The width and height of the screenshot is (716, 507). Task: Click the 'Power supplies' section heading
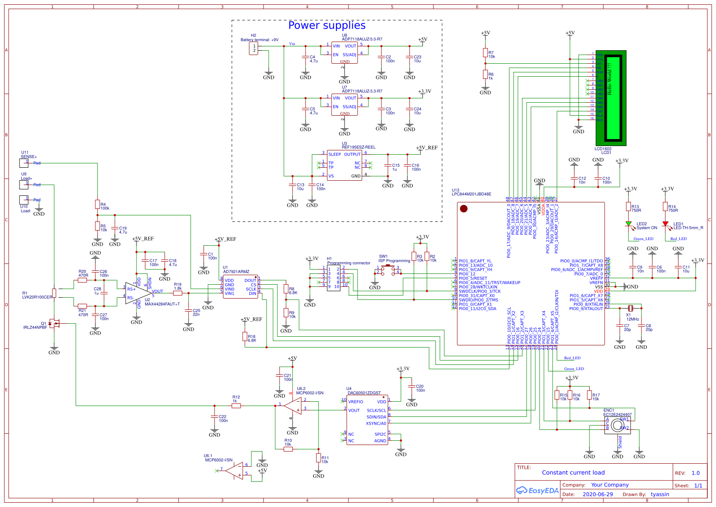click(x=327, y=26)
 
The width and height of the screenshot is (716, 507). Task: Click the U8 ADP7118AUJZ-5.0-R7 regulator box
click(x=345, y=52)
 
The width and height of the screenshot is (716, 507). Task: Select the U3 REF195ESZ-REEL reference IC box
click(x=345, y=165)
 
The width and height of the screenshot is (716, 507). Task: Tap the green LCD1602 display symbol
click(x=611, y=98)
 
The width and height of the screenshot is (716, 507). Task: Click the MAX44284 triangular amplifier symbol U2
click(x=137, y=293)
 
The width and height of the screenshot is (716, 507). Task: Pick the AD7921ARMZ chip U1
click(x=241, y=286)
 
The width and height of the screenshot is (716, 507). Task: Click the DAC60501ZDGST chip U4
click(x=367, y=419)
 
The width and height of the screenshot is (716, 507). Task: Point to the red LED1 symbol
click(x=665, y=224)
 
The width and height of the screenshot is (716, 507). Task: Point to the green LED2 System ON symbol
click(x=628, y=224)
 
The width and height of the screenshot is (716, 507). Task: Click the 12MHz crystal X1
click(x=631, y=308)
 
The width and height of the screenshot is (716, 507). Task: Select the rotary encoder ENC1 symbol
click(x=618, y=426)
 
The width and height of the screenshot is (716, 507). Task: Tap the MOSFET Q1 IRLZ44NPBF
click(x=54, y=323)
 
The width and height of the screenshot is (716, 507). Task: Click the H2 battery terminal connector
click(x=254, y=49)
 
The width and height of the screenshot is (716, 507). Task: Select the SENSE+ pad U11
click(x=24, y=163)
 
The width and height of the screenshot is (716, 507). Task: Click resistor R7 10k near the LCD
click(x=485, y=53)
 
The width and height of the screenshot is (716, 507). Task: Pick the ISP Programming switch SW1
click(x=387, y=270)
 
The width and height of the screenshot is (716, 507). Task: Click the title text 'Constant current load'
click(x=573, y=473)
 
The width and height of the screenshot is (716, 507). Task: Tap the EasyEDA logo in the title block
click(x=537, y=491)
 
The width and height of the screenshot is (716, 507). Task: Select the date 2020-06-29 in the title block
click(x=598, y=494)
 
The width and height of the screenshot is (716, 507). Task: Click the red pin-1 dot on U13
click(x=464, y=209)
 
